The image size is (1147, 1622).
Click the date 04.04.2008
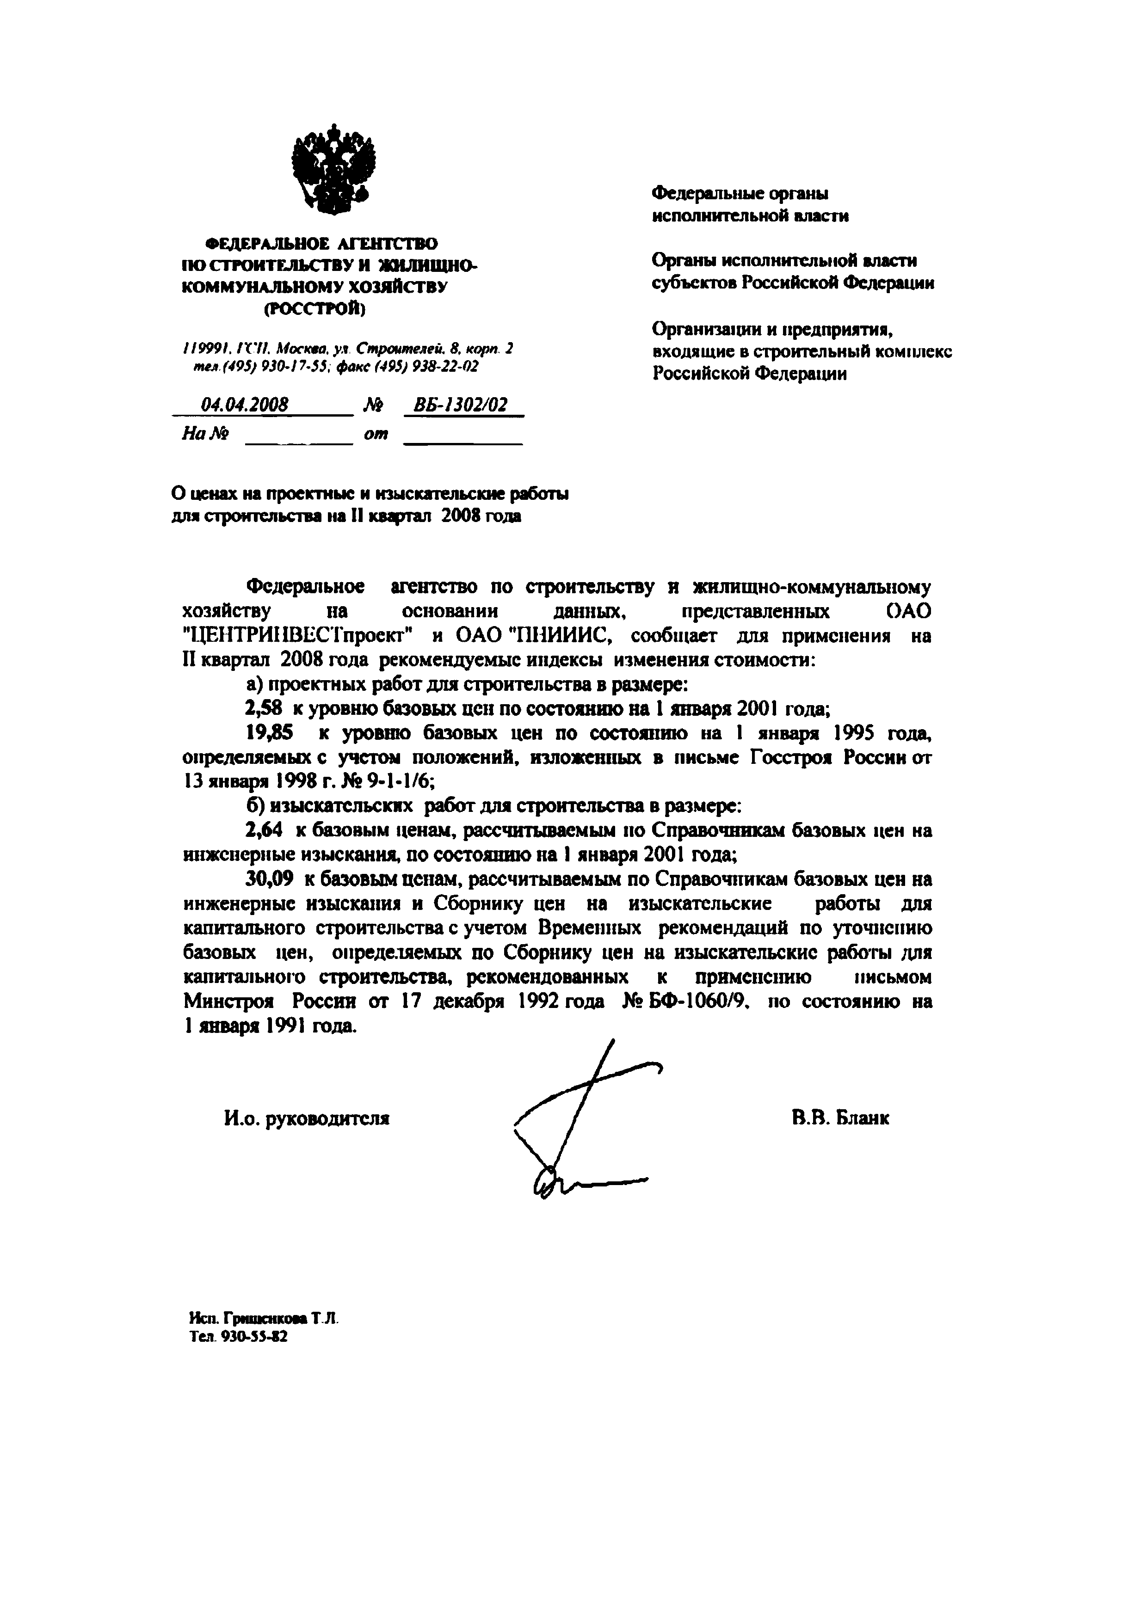tap(245, 405)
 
